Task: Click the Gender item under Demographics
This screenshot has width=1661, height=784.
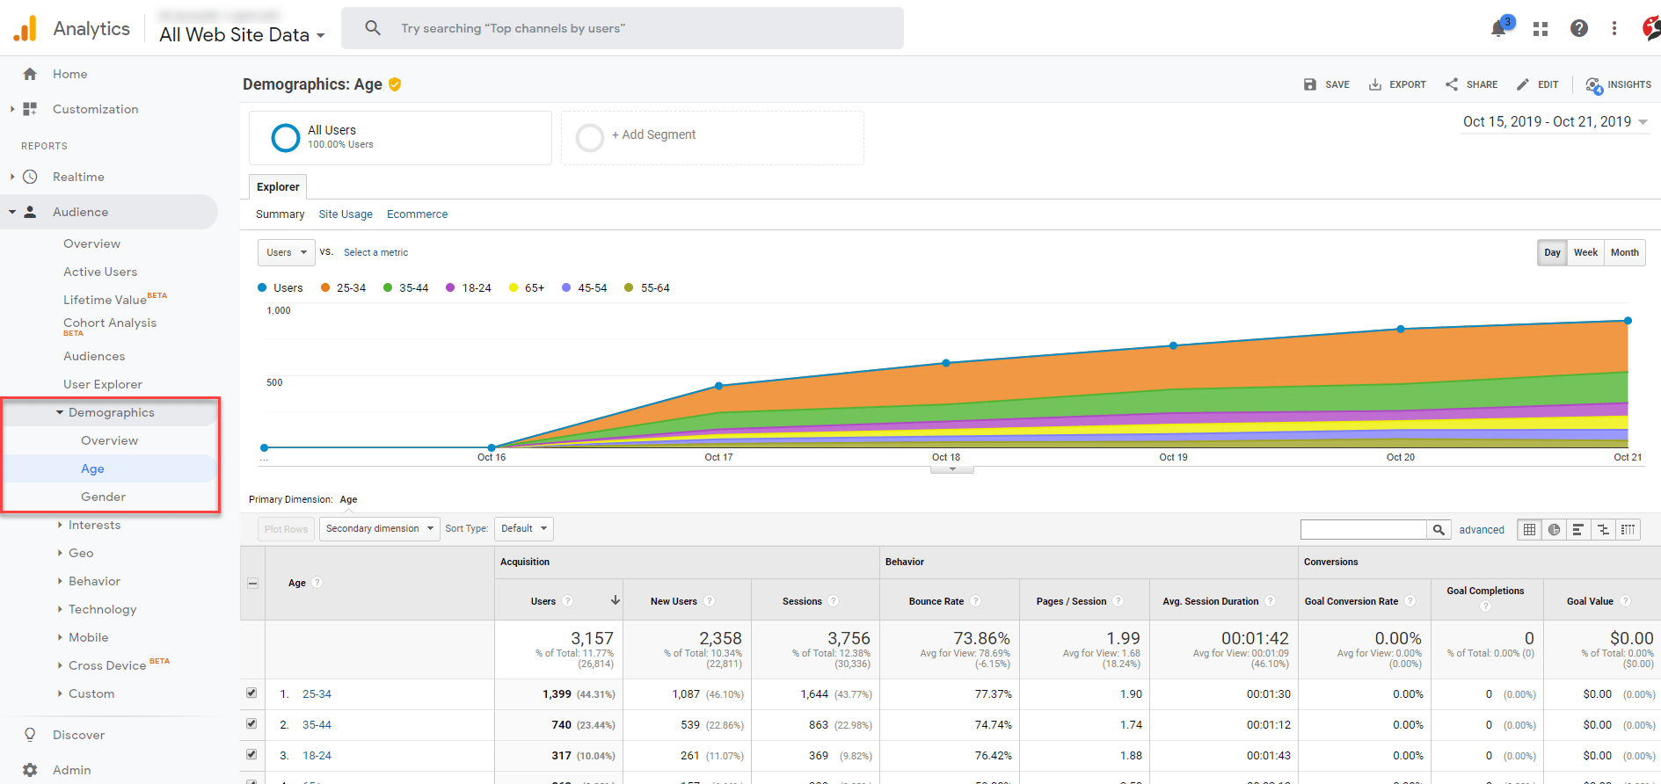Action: tap(103, 497)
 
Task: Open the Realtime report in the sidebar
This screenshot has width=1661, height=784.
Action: tap(78, 177)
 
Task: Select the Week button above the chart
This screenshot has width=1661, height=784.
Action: tap(1585, 252)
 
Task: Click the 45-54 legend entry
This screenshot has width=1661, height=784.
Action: tap(585, 287)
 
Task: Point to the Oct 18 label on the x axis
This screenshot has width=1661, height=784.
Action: tap(946, 457)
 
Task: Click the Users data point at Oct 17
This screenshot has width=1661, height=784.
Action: tap(718, 386)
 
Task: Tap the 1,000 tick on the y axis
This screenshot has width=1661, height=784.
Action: tap(279, 310)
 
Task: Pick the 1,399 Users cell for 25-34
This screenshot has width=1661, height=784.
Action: tap(557, 693)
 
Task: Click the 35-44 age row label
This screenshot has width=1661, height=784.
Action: tap(317, 724)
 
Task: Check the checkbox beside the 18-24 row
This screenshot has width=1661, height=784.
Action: tap(251, 754)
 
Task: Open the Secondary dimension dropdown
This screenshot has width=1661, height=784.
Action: tap(379, 528)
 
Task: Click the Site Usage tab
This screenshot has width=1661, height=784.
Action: tap(345, 214)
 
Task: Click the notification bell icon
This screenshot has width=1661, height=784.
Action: tap(1498, 28)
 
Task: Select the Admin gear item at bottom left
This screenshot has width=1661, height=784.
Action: tap(71, 770)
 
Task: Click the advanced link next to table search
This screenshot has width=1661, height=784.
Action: tap(1481, 529)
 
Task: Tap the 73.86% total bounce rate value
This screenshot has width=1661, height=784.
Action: tap(981, 638)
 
